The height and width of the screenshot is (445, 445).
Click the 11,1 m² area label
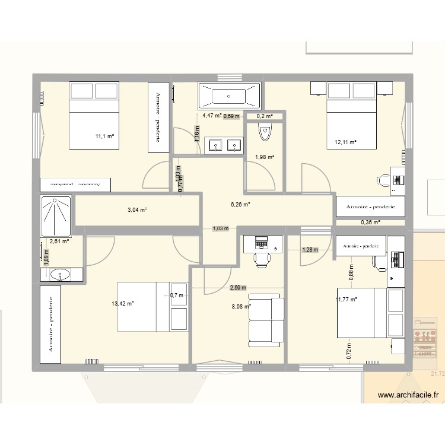pos(104,136)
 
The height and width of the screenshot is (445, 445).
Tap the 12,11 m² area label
pos(345,142)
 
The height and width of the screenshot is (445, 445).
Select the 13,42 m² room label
pos(123,303)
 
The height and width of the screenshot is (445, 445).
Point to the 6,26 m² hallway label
pos(240,204)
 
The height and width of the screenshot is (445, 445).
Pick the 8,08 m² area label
pos(240,307)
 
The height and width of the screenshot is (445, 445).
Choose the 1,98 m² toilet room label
pos(264,157)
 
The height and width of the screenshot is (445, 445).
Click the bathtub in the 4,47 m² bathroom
pos(229,94)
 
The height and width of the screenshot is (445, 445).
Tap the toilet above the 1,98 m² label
pos(265,133)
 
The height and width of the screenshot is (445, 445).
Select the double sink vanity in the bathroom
pos(225,145)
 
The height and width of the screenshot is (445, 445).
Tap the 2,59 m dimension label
pos(238,288)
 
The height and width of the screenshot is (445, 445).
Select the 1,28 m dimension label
pos(310,250)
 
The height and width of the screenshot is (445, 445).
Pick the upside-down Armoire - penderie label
pos(75,185)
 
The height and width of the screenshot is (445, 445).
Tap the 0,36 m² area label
pos(370,223)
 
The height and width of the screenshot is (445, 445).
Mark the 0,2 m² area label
pos(265,116)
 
